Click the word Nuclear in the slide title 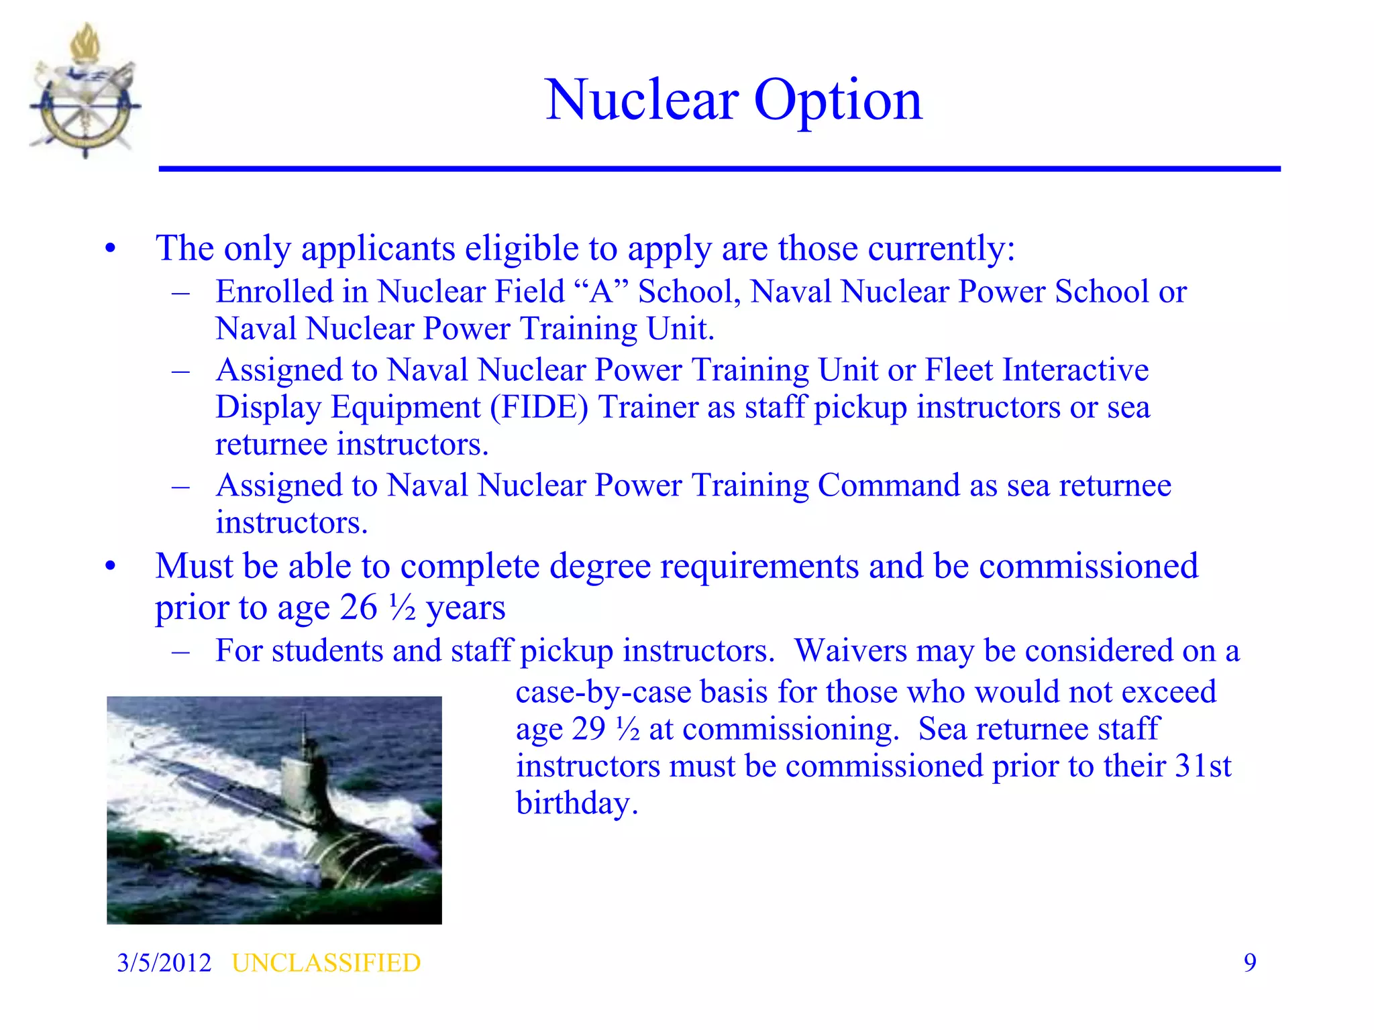pos(643,100)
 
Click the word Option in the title pos(838,100)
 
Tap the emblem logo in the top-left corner pos(85,92)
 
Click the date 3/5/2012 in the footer pos(164,963)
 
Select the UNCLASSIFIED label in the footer pos(326,963)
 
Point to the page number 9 pos(1250,963)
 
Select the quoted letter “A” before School pos(602,292)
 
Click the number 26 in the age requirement pos(359,608)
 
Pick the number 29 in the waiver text pos(590,729)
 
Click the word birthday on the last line pos(576,803)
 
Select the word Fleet pos(959,369)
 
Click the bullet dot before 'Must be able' pos(111,567)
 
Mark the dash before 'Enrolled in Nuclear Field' pos(181,292)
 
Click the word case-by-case pos(603,691)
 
